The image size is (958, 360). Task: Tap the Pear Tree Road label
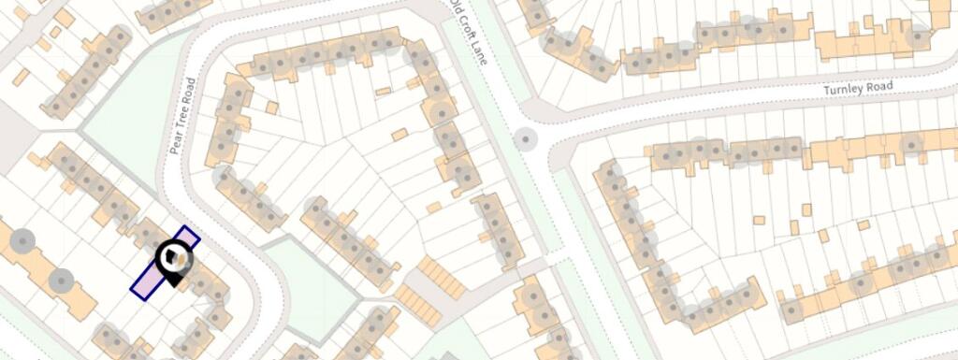[x=181, y=117]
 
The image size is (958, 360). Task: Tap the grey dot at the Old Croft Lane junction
[x=527, y=141]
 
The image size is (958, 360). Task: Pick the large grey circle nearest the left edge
[x=22, y=241]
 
